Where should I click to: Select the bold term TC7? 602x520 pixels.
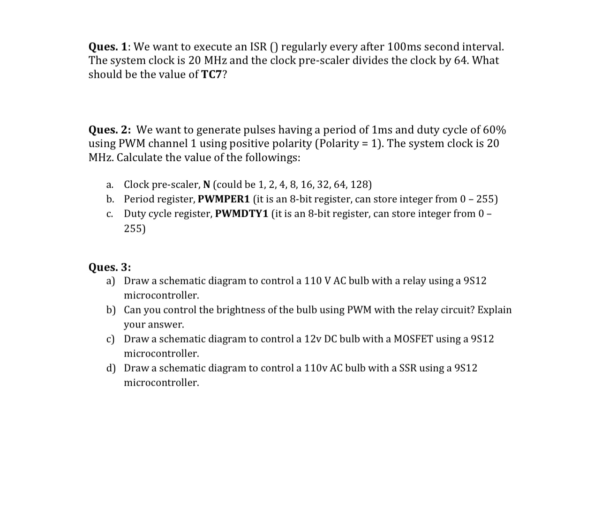(x=211, y=75)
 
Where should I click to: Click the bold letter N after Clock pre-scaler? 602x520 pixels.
(x=207, y=185)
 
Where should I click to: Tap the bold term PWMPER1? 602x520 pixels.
(x=224, y=199)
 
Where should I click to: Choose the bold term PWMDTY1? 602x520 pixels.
(x=241, y=214)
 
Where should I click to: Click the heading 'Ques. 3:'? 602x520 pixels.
(x=110, y=267)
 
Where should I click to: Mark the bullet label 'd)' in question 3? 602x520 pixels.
(x=111, y=368)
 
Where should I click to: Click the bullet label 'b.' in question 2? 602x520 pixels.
(x=110, y=199)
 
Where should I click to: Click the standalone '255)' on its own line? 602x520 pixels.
(x=135, y=229)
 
